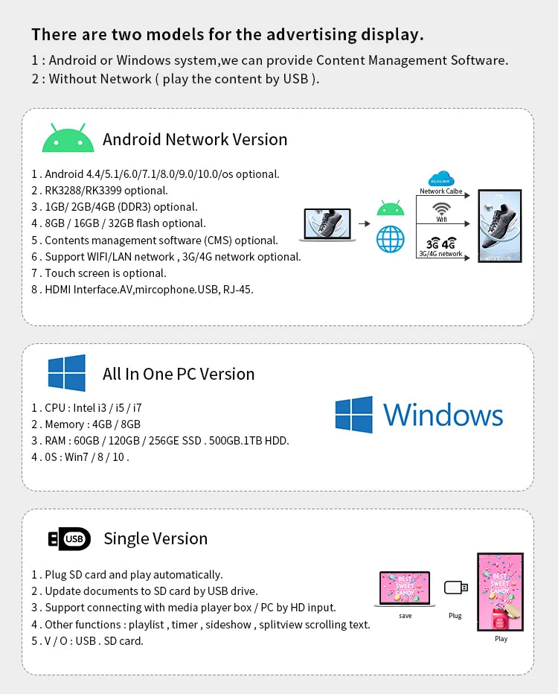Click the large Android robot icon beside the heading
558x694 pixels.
click(x=68, y=138)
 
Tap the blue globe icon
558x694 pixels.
click(x=390, y=239)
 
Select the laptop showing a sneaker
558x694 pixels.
click(x=327, y=225)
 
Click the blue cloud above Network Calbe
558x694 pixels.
click(x=441, y=179)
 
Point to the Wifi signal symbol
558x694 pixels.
click(x=441, y=209)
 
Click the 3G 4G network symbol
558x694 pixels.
click(x=441, y=243)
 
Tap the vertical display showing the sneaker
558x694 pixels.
click(x=500, y=226)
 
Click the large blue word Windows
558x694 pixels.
click(x=443, y=416)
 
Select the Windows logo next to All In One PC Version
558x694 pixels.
click(x=67, y=372)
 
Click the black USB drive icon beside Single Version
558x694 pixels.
click(x=69, y=538)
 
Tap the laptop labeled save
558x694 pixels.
click(x=405, y=589)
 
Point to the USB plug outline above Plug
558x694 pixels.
click(x=455, y=588)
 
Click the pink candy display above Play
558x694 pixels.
click(x=500, y=592)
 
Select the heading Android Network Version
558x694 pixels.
click(x=195, y=139)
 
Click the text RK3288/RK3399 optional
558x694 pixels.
click(x=106, y=191)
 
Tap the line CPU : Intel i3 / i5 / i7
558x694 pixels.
click(x=86, y=407)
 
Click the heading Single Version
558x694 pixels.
click(x=155, y=538)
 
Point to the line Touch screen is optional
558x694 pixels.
click(x=99, y=273)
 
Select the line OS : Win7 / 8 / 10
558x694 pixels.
click(x=80, y=456)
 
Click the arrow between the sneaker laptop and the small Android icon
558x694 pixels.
click(x=365, y=224)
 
